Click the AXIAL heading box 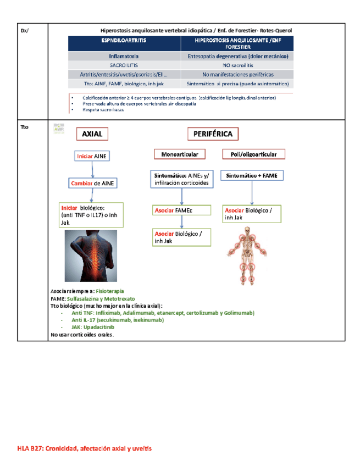[91, 134]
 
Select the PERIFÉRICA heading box [213, 134]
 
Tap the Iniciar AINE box [92, 157]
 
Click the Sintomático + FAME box [252, 175]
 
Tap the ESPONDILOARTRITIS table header [124, 42]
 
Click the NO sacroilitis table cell [237, 65]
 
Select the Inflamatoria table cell [124, 56]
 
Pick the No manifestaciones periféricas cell [237, 74]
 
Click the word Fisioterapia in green [110, 291]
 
